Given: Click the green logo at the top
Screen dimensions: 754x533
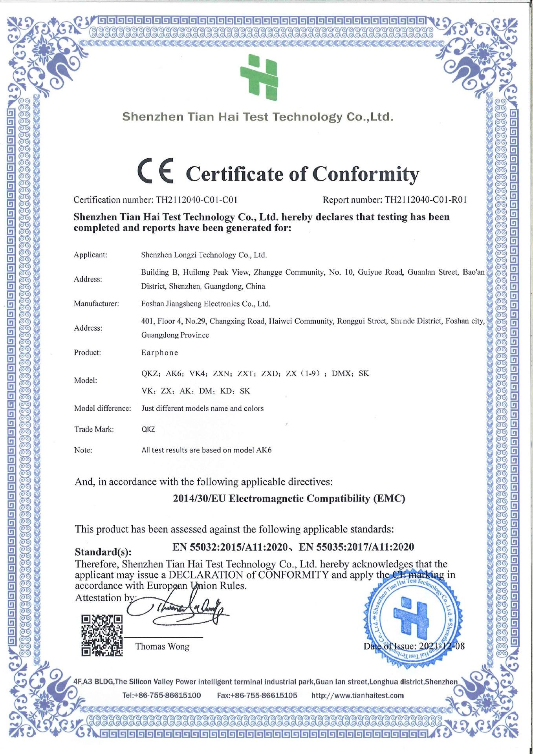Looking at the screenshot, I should (259, 77).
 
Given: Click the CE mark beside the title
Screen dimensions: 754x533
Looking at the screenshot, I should (156, 172).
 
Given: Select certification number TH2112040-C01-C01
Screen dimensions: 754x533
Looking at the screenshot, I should (196, 200).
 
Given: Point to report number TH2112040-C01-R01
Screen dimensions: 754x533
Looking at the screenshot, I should (425, 200).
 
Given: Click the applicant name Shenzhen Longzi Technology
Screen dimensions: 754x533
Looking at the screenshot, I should (204, 255).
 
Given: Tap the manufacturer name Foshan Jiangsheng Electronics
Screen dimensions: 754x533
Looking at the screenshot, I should (205, 304).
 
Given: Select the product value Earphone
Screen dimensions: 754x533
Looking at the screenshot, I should (159, 353).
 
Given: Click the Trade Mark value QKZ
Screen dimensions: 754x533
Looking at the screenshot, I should (148, 429).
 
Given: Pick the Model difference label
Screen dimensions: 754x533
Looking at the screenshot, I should (103, 408).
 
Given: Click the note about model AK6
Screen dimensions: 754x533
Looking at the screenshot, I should (206, 450).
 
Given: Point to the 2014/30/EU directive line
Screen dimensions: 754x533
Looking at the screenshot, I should (289, 499).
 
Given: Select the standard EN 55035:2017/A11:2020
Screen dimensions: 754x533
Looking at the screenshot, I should (356, 547).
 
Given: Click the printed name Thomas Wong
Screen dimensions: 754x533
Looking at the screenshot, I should (162, 646).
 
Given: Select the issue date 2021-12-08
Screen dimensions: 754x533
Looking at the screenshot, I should (441, 646).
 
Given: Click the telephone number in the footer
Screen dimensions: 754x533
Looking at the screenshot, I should (161, 695).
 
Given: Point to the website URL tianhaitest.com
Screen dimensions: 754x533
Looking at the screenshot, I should (357, 695).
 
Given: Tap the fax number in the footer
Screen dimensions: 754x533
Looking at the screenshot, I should (257, 695).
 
